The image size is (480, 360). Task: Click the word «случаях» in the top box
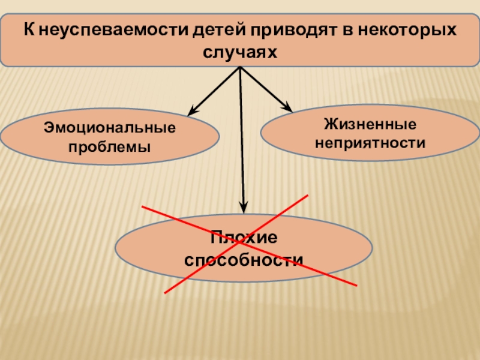pos(240,52)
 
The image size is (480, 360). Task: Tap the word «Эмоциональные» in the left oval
pos(110,128)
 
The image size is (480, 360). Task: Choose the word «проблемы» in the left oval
pos(110,146)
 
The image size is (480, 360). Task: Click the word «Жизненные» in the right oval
pos(370,124)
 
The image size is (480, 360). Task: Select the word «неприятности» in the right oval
pos(370,143)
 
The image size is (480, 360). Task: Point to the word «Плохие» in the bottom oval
pos(244,238)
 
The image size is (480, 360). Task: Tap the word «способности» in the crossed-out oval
pos(244,260)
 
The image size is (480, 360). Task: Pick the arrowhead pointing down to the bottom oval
pos(244,208)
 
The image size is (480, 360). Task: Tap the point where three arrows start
pos(240,67)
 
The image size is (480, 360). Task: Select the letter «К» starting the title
pos(28,29)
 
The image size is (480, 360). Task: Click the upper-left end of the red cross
pos(143,206)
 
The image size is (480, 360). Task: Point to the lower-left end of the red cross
pos(165,293)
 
